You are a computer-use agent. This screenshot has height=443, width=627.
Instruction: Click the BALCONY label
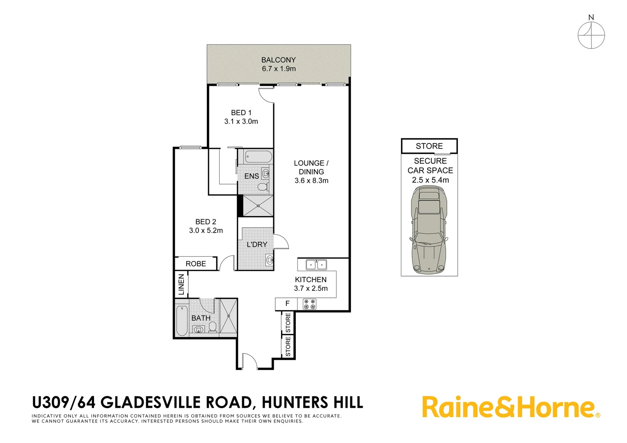[x=278, y=60]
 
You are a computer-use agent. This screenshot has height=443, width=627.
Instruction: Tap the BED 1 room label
[x=241, y=112]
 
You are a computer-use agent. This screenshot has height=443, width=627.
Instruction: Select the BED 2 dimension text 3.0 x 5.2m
[x=206, y=231]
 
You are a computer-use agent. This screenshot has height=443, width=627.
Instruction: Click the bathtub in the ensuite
[x=258, y=157]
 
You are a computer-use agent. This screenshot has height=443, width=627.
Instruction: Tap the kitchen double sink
[x=316, y=265]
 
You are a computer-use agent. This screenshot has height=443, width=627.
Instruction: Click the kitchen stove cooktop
[x=309, y=304]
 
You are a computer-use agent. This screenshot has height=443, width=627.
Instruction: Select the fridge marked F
[x=287, y=304]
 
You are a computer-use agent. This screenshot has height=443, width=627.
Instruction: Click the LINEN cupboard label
[x=181, y=284]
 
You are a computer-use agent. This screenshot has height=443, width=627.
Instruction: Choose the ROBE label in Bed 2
[x=196, y=264]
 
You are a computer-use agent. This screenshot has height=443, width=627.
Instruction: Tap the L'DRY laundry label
[x=257, y=244]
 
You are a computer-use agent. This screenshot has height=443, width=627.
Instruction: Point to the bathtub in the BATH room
[x=181, y=321]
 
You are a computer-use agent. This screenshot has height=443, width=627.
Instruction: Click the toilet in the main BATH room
[x=213, y=327]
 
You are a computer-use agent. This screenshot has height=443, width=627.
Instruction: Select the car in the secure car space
[x=429, y=230]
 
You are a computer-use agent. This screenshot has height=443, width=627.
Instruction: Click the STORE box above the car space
[x=429, y=146]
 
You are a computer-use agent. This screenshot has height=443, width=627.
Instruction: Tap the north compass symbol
[x=591, y=34]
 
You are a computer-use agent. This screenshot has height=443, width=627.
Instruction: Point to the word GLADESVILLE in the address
[x=176, y=402]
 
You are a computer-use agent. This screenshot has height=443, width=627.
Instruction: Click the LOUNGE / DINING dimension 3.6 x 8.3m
[x=311, y=180]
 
